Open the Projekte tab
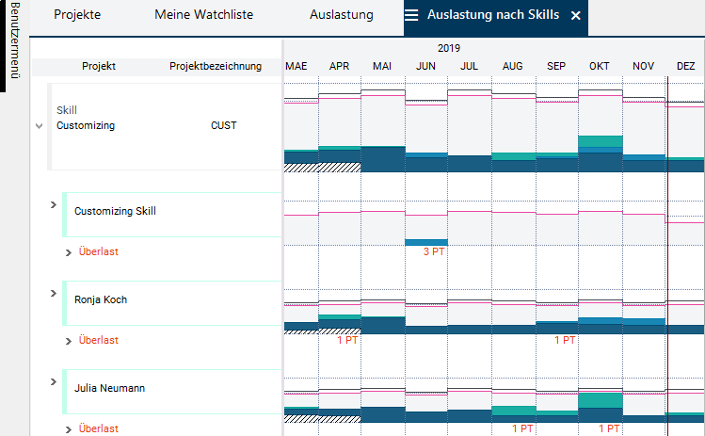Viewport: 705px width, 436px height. pos(77,15)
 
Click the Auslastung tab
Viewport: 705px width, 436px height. pos(341,15)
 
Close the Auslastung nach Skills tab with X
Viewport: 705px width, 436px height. pos(576,16)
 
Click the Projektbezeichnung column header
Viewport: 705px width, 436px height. pos(216,66)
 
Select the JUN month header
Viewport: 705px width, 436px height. pos(425,66)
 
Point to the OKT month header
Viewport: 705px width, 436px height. pos(600,66)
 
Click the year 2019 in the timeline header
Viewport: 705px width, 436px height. pos(449,48)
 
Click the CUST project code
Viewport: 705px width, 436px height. pos(224,125)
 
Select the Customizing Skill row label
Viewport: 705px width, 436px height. pos(115,211)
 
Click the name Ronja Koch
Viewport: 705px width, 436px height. pos(101,299)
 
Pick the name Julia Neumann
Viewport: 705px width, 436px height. pos(109,388)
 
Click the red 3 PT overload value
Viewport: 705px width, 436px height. pos(434,251)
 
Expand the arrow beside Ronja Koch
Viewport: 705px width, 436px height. pos(54,294)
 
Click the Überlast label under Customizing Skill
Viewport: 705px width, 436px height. pos(98,251)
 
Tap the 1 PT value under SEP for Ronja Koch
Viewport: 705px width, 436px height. pos(564,340)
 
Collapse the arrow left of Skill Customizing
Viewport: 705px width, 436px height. pos(39,125)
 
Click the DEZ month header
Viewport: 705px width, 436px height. pos(686,66)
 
